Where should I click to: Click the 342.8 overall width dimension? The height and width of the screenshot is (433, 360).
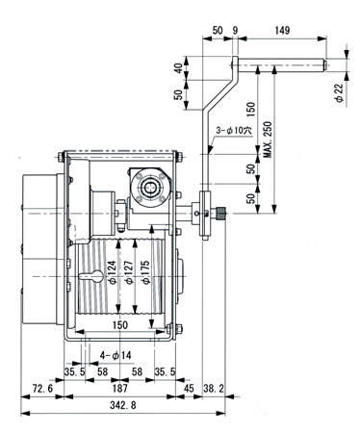122,405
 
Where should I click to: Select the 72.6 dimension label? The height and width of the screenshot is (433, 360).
42,389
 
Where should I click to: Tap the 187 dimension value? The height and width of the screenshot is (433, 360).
120,389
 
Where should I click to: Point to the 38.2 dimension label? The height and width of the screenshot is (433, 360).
214,389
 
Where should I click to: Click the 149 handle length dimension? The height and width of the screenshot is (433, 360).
282,31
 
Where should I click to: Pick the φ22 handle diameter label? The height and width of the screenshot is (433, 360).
339,93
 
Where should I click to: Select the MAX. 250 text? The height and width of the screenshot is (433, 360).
268,140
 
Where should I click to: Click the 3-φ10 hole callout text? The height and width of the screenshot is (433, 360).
234,130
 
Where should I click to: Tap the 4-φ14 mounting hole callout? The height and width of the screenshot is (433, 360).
116,355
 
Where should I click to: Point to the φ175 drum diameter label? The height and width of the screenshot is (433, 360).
145,272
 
